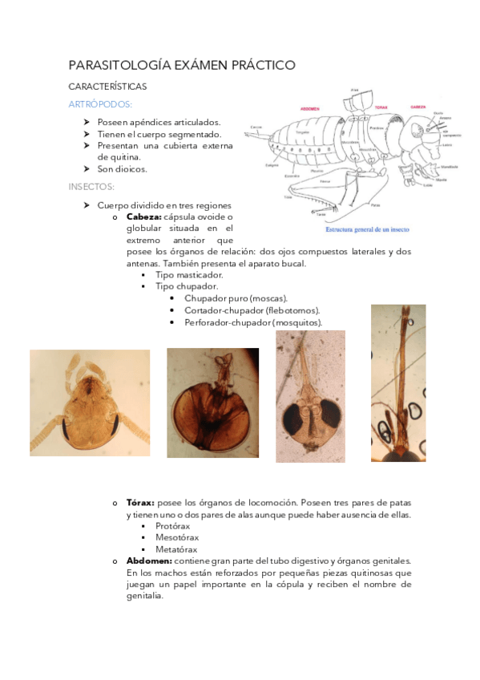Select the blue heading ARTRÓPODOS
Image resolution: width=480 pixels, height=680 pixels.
101,104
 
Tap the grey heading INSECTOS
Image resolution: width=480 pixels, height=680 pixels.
91,187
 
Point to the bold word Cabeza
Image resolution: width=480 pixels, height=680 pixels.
144,217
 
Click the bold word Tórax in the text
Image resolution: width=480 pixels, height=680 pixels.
141,503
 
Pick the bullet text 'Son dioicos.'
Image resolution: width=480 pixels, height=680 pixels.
123,169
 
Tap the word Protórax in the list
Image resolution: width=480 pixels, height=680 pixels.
177,526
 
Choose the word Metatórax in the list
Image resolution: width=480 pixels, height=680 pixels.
178,549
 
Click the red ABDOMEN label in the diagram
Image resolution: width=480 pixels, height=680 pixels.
309,107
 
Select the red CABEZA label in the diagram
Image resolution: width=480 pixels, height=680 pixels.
417,106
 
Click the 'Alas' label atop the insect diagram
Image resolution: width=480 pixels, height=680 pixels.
353,91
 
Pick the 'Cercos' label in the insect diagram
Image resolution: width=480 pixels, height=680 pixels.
256,127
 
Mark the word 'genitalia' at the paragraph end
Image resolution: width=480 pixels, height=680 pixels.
144,596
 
